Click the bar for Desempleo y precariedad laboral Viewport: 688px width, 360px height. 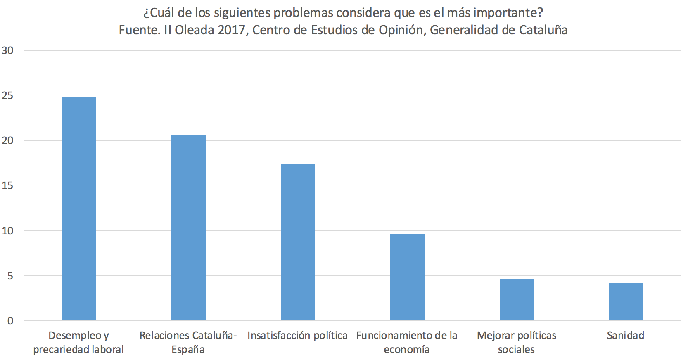point(79,208)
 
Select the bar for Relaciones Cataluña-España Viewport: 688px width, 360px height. point(188,227)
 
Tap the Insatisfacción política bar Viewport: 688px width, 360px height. point(298,242)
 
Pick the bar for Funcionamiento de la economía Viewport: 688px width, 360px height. point(407,277)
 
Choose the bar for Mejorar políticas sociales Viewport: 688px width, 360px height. point(517,299)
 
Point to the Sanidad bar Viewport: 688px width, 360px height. point(626,301)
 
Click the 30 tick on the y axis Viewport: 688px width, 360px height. point(7,50)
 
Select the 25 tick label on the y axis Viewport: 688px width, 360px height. point(7,95)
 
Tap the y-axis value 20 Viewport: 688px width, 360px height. point(7,140)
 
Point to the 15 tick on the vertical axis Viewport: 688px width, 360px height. point(7,185)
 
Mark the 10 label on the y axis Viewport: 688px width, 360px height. point(7,231)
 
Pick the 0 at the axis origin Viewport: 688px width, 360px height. point(10,321)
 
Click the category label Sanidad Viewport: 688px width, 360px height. point(625,335)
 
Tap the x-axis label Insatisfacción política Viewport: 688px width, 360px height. point(297,335)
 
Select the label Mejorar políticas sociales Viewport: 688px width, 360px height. point(516,342)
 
